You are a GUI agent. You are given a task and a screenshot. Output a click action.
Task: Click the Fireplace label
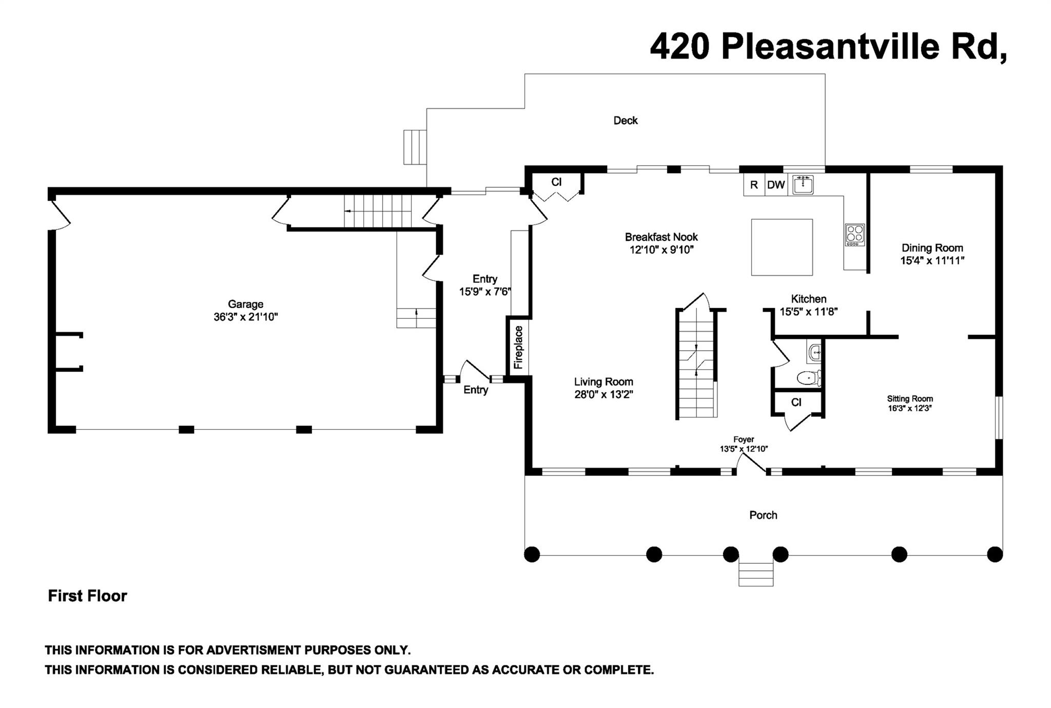518,348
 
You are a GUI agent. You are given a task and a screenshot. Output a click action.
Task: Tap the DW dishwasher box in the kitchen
776,185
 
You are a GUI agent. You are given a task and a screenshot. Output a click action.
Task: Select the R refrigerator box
754,185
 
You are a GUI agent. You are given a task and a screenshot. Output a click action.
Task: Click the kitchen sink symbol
803,184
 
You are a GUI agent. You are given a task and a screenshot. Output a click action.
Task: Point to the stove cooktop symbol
854,235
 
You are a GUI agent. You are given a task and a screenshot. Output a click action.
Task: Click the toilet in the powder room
809,378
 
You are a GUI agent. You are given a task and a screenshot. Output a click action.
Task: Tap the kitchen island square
782,247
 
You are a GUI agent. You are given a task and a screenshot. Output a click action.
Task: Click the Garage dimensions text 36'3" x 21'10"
246,317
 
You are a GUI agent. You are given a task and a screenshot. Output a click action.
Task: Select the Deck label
626,121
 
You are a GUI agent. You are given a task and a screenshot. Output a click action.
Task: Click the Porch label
763,515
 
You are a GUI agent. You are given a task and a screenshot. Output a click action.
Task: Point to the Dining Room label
932,248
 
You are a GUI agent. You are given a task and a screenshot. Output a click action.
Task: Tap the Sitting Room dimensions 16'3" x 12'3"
910,409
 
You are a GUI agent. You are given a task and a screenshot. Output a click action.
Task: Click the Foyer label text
744,439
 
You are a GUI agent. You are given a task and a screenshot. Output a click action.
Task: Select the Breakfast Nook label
661,237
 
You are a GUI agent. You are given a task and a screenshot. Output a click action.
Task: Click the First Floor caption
87,596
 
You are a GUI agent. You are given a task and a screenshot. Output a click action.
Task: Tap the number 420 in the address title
680,47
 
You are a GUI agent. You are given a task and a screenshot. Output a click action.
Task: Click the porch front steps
756,574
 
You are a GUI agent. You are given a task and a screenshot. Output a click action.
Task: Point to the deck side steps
415,147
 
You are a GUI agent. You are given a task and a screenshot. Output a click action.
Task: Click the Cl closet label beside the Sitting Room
796,403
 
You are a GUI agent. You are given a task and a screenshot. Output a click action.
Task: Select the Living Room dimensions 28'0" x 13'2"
604,395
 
